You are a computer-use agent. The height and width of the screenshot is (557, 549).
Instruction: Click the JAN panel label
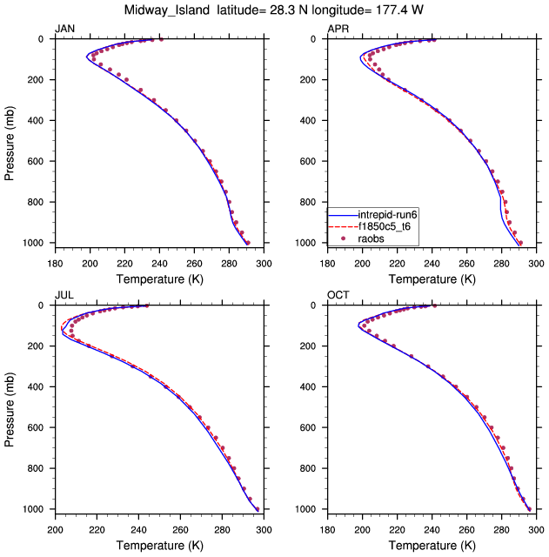64,29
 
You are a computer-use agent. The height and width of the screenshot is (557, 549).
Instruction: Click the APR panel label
338,29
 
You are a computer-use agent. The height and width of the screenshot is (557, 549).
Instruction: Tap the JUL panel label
64,296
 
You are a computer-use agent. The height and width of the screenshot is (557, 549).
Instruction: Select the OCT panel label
338,296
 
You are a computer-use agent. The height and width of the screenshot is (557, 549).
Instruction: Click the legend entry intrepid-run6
391,214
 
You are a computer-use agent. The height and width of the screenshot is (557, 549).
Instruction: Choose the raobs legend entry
388,237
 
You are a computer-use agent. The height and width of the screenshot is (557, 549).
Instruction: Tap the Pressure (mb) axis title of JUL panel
10,407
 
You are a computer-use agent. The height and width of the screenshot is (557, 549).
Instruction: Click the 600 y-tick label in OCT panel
311,428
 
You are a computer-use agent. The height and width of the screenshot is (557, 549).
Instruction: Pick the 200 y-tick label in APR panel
311,80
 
